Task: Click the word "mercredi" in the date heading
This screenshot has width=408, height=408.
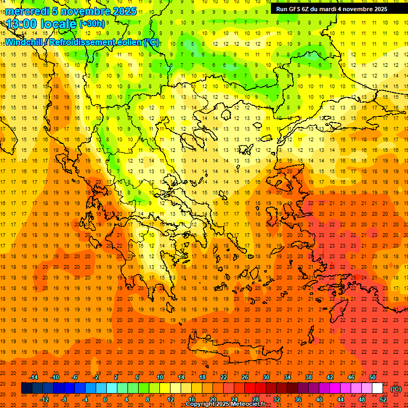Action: [x=25, y=11]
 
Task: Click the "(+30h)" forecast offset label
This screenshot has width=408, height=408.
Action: [x=91, y=24]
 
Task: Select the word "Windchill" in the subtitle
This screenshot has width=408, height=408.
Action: [x=25, y=42]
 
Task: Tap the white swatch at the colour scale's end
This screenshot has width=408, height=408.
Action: [x=377, y=388]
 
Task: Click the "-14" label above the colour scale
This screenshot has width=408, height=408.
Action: [x=33, y=377]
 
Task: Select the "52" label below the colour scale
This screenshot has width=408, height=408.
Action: [x=383, y=399]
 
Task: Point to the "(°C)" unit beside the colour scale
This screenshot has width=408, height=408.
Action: [x=396, y=389]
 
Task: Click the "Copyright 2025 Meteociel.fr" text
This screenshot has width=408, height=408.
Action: [x=225, y=404]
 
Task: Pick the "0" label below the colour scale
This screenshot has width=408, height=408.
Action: [x=106, y=399]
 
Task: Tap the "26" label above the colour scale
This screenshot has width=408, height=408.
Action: [x=245, y=377]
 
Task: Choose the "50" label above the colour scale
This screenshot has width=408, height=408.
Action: [x=372, y=377]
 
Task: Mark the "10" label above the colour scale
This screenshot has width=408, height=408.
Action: [x=160, y=377]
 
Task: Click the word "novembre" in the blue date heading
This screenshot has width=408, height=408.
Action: [x=85, y=11]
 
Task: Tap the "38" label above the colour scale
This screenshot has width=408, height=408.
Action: [x=309, y=377]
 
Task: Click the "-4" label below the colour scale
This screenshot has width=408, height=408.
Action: [x=85, y=399]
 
